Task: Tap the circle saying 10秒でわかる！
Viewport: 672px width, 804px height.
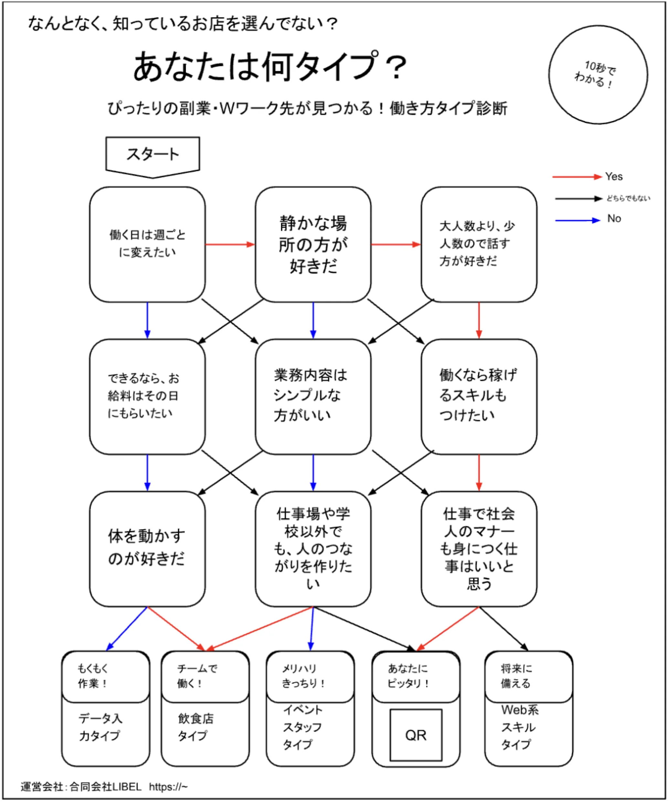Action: pyautogui.click(x=598, y=75)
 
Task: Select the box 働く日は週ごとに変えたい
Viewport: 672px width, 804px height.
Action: pyautogui.click(x=147, y=244)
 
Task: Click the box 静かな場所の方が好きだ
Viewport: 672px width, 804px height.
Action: pyautogui.click(x=313, y=244)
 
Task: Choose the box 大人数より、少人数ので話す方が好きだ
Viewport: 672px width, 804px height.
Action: pyautogui.click(x=479, y=244)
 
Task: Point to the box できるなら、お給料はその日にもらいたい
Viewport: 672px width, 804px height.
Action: pyautogui.click(x=147, y=396)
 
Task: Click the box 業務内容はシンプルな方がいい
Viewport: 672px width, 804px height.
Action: pyautogui.click(x=313, y=396)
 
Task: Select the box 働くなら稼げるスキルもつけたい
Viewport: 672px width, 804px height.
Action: pyautogui.click(x=479, y=396)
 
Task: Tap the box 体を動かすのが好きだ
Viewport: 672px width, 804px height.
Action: pyautogui.click(x=147, y=549)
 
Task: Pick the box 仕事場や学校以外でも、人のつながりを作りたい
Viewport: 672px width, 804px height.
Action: pyautogui.click(x=313, y=549)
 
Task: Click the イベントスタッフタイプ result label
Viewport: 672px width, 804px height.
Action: pyautogui.click(x=302, y=727)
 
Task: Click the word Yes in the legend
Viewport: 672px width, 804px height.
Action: pyautogui.click(x=614, y=176)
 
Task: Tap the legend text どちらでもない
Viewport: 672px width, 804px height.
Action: pyautogui.click(x=628, y=198)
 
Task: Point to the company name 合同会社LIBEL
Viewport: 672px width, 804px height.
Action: pyautogui.click(x=105, y=787)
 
